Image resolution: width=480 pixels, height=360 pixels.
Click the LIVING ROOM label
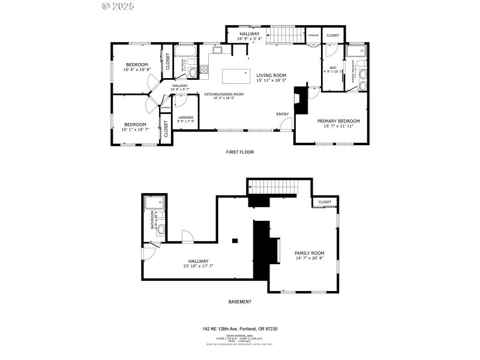pos(271,75)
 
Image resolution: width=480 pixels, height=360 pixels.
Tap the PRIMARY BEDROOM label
pos(338,121)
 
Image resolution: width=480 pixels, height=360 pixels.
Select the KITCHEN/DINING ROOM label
pos(224,94)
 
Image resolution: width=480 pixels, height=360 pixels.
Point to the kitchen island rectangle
pos(236,76)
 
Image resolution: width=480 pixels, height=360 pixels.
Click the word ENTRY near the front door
pos(282,114)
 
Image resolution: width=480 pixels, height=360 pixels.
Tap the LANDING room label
pos(186,118)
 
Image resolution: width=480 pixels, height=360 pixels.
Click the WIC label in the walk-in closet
pos(333,68)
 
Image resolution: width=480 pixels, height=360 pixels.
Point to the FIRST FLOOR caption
pos(240,152)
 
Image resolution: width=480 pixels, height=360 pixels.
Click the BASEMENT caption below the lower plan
pos(240,302)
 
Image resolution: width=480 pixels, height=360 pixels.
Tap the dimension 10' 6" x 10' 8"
pos(137,70)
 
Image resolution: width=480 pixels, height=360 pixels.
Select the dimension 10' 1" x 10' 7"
pos(135,130)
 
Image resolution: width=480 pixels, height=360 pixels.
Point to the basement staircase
pos(273,187)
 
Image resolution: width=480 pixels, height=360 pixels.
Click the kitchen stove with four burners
pos(204,70)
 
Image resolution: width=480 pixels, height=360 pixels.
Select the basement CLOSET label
pos(325,202)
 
